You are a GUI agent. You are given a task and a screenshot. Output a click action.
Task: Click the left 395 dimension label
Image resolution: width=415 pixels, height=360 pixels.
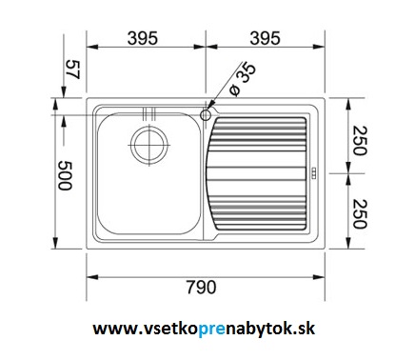tap(143, 38)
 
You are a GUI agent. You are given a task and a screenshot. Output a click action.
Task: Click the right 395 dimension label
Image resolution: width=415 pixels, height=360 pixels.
tap(265, 38)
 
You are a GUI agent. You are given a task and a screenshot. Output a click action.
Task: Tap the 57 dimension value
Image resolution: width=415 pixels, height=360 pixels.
tap(72, 70)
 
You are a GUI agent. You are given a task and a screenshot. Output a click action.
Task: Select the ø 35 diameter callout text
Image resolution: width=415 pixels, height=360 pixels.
tap(243, 79)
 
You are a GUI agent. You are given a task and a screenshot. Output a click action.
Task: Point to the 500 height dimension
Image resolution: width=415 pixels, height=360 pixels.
tap(65, 175)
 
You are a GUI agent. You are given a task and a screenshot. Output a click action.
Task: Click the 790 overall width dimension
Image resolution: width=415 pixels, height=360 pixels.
tap(201, 288)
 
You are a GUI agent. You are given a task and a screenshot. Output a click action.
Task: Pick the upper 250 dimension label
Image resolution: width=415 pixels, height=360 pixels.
tap(360, 141)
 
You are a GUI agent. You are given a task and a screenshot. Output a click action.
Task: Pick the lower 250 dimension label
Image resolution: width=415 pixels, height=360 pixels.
tap(360, 213)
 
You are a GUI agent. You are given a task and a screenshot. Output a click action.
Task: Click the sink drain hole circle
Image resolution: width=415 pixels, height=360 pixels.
tap(148, 145)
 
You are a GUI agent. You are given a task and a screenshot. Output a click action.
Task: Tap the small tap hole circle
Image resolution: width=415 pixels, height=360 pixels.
tap(206, 115)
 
